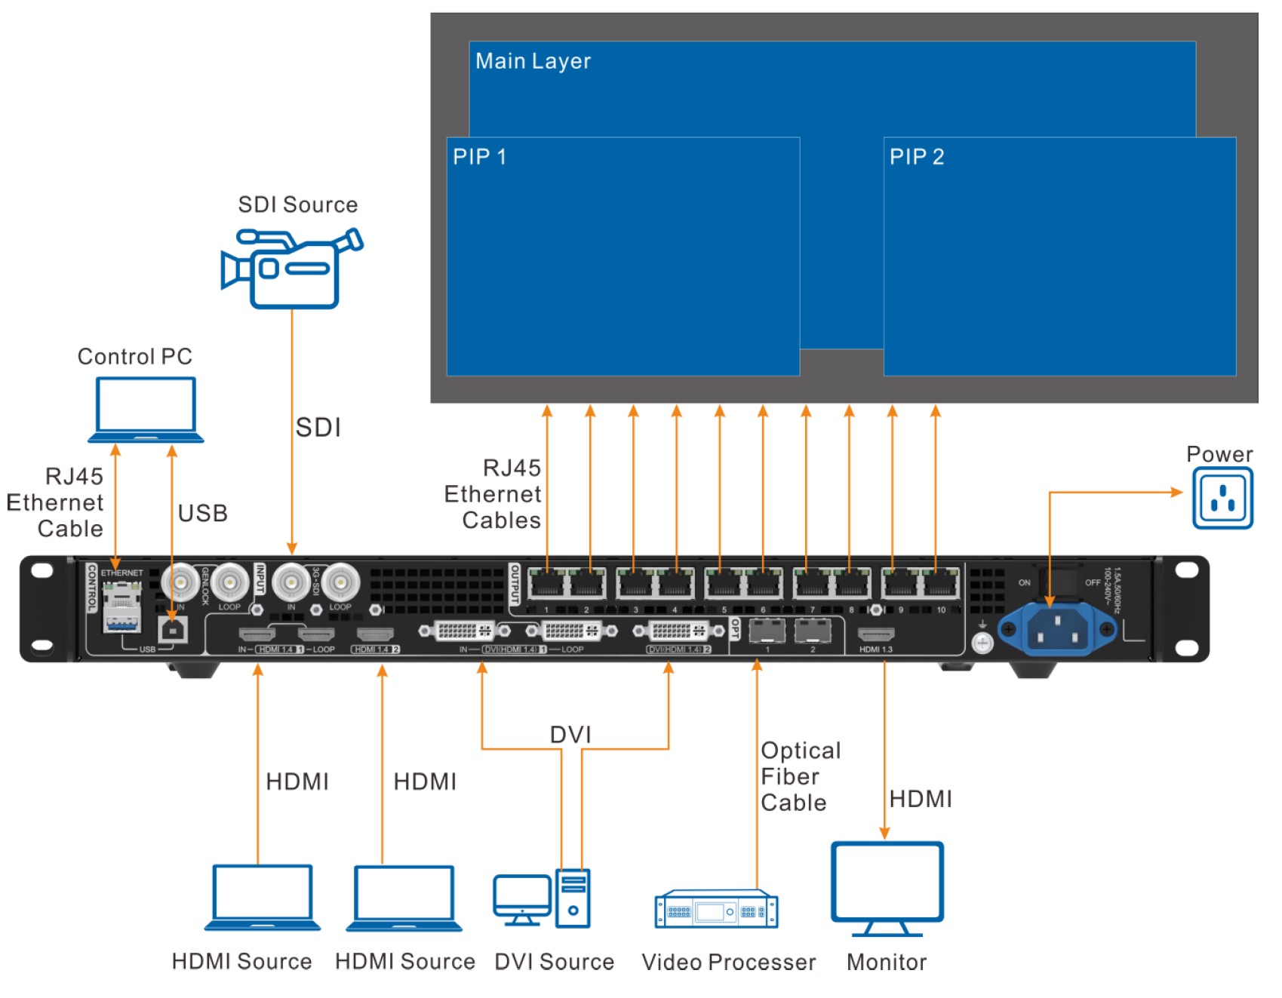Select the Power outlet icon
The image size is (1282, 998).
tap(1222, 498)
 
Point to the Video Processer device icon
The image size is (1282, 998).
tap(716, 910)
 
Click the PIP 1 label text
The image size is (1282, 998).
tap(479, 157)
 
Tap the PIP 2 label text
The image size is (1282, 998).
tap(917, 157)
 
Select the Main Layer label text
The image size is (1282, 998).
tap(533, 61)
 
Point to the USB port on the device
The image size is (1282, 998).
tap(174, 628)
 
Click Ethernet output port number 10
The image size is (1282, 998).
tap(940, 584)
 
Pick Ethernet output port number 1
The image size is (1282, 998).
tap(546, 584)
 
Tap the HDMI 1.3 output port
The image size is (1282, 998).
tap(876, 634)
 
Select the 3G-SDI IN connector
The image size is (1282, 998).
tap(291, 582)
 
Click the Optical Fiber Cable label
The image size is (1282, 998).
tap(800, 776)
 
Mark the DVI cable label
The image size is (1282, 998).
tap(570, 735)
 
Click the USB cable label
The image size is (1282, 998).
tap(203, 513)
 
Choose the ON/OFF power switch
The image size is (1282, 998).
tap(1058, 582)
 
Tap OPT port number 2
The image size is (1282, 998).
tap(813, 631)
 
